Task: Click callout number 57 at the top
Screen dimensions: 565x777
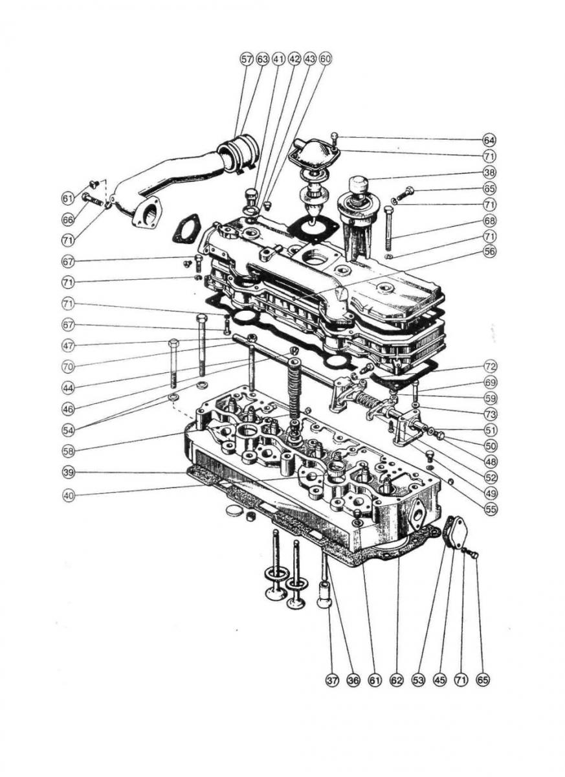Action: pos(246,60)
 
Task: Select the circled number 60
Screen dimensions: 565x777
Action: pos(325,60)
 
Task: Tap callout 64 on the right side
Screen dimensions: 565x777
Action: pos(489,141)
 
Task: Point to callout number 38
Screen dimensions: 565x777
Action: pos(489,172)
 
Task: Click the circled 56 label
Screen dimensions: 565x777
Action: pos(490,252)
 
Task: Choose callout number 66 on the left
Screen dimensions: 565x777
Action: pos(68,220)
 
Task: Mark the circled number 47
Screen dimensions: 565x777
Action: pos(69,346)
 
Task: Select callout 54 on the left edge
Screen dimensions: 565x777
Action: pos(69,431)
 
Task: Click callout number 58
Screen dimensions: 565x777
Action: pos(69,451)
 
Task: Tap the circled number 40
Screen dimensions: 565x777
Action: pos(69,496)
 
